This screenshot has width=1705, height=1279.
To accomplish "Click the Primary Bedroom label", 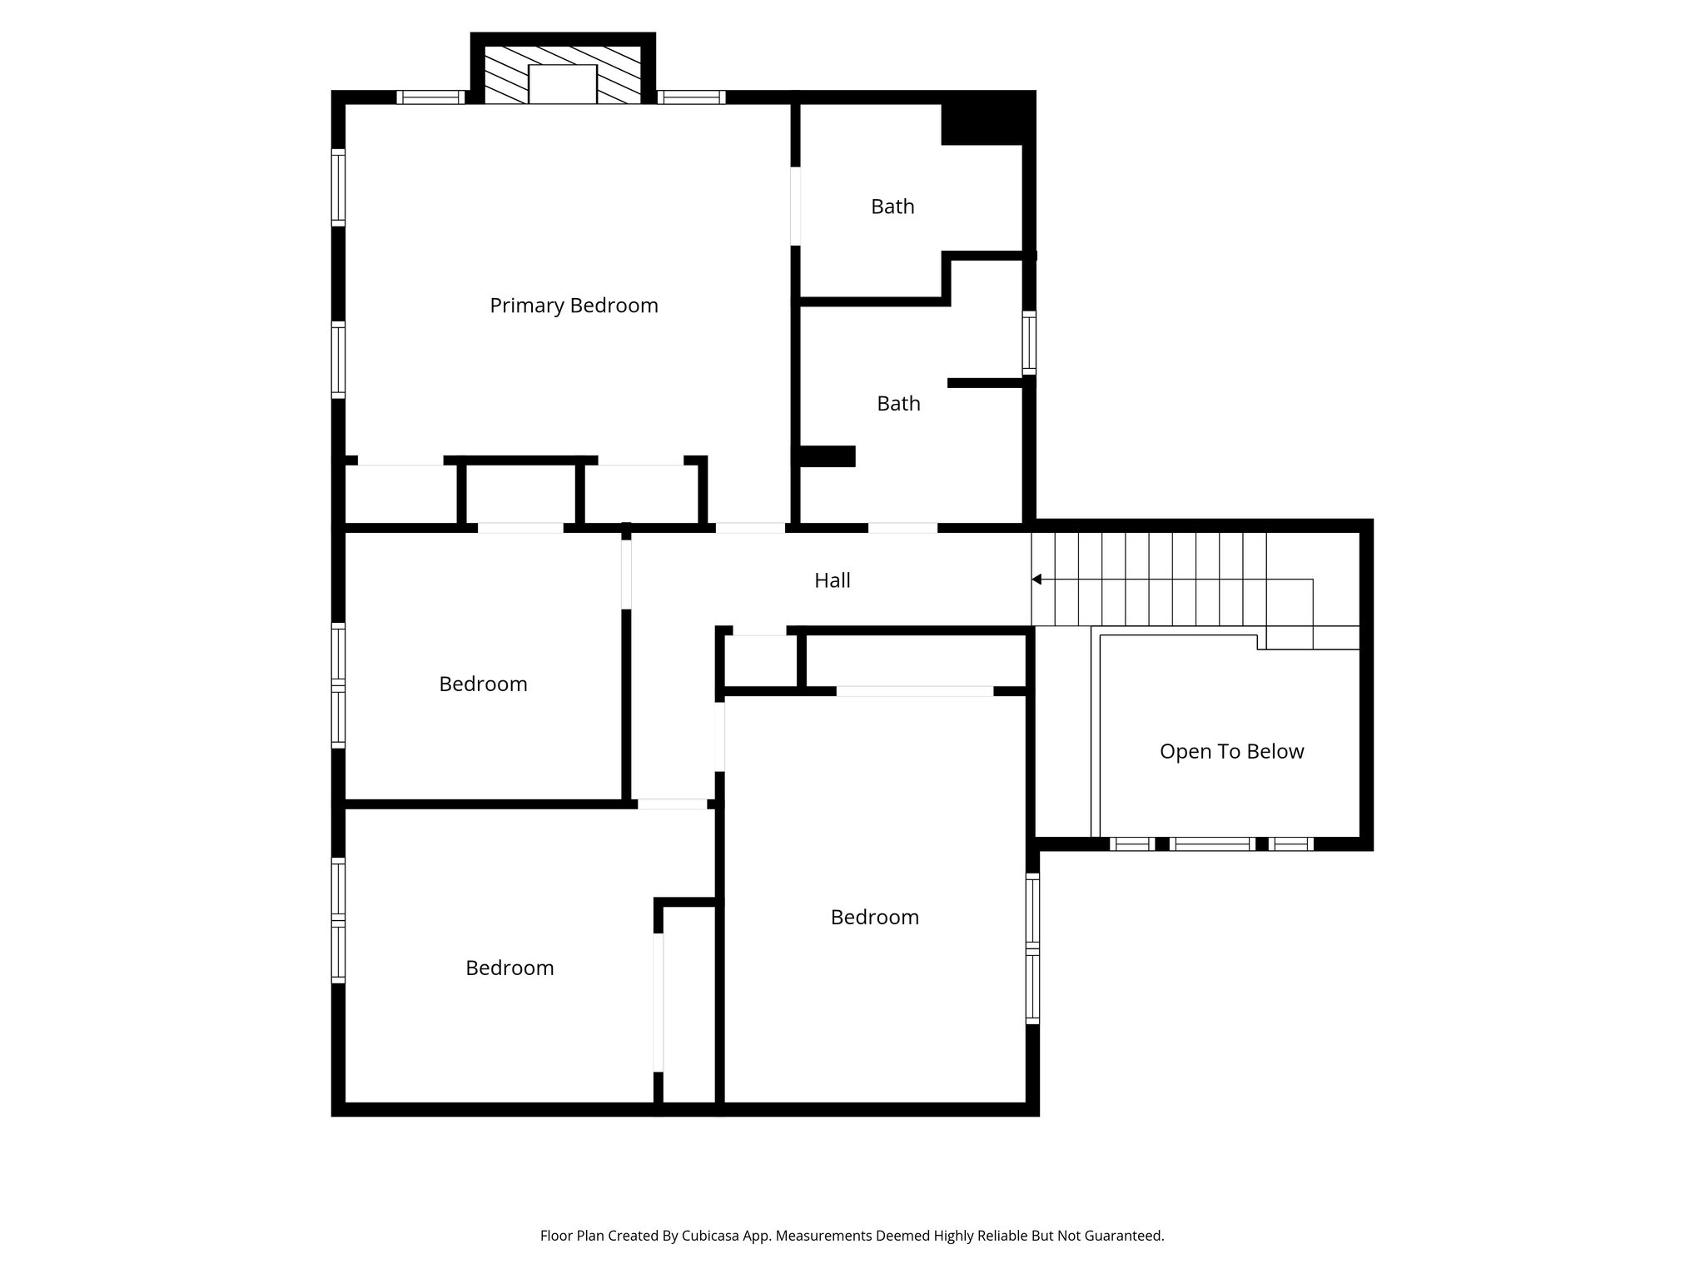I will [x=574, y=306].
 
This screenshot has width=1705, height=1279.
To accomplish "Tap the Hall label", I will [x=832, y=580].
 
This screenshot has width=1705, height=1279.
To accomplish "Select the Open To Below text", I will [x=1231, y=751].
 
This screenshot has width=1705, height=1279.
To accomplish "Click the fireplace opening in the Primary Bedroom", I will [x=563, y=85].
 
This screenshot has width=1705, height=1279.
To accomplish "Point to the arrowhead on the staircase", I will [x=1036, y=579].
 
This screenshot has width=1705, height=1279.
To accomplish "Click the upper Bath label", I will [x=892, y=207].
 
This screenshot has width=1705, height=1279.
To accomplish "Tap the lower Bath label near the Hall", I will [x=898, y=403].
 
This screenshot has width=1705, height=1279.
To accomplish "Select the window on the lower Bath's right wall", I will [x=1030, y=342].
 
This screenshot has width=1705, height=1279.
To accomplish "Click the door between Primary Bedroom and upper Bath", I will [x=795, y=206].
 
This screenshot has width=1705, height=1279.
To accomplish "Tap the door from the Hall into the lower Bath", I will [x=902, y=528].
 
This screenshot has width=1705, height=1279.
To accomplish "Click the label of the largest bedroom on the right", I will [x=874, y=917].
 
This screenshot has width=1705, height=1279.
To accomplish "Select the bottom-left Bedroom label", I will [x=510, y=968].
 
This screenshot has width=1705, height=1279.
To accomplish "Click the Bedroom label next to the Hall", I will [x=483, y=684].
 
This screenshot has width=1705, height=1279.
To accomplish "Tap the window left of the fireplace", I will [x=430, y=97].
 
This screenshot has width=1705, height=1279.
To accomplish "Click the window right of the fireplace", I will [x=691, y=97].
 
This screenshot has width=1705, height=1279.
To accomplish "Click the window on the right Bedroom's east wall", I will [x=1032, y=948].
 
